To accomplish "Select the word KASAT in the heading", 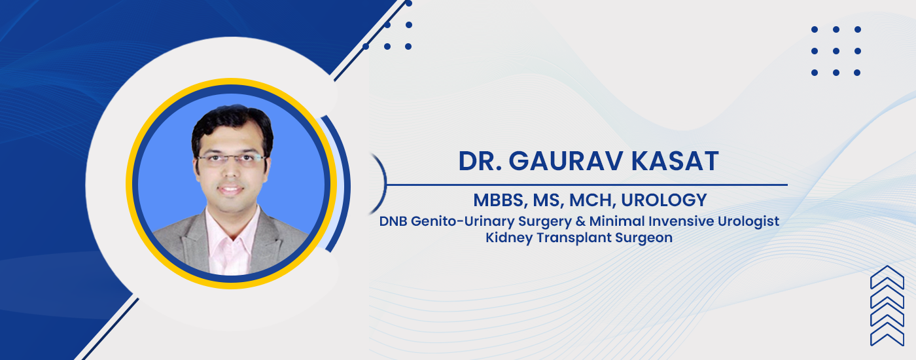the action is tap(675, 161).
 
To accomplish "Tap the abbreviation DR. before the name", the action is tap(480, 161).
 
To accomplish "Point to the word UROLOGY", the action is tap(664, 200).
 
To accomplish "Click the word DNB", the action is tap(393, 221).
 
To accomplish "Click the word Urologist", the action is tap(749, 222).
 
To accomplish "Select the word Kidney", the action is tap(509, 238).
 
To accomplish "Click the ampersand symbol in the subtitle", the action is tap(581, 221).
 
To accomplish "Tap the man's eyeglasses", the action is tap(232, 158).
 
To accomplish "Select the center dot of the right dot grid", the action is tap(836, 51).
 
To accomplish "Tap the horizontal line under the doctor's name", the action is tap(587, 185).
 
